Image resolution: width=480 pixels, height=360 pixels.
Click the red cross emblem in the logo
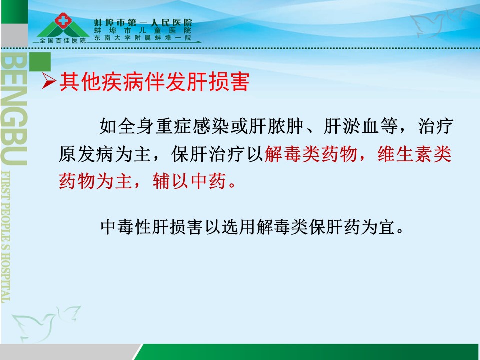[x=63, y=20]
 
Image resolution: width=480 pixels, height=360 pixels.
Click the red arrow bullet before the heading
[x=49, y=81]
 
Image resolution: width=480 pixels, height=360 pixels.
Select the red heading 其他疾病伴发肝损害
[x=154, y=81]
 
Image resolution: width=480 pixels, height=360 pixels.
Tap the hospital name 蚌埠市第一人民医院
[x=143, y=22]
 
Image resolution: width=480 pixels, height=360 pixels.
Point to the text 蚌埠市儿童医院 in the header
[x=143, y=31]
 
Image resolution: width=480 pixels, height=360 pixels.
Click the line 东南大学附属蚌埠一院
[x=143, y=38]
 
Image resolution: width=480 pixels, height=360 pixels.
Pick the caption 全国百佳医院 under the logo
[x=63, y=40]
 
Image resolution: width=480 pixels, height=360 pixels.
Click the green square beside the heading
[x=40, y=62]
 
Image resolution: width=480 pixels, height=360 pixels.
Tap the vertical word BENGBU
[x=14, y=109]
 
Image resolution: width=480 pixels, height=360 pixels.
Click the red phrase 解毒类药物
[x=311, y=154]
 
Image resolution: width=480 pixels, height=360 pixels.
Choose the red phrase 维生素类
[x=415, y=154]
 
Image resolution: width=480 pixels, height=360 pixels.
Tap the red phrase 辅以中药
[x=190, y=181]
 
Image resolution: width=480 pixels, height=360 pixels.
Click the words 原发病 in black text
[x=87, y=154]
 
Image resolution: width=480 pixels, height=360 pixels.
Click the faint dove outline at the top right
[x=438, y=22]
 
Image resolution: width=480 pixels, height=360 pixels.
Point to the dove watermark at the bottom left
[x=46, y=323]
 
